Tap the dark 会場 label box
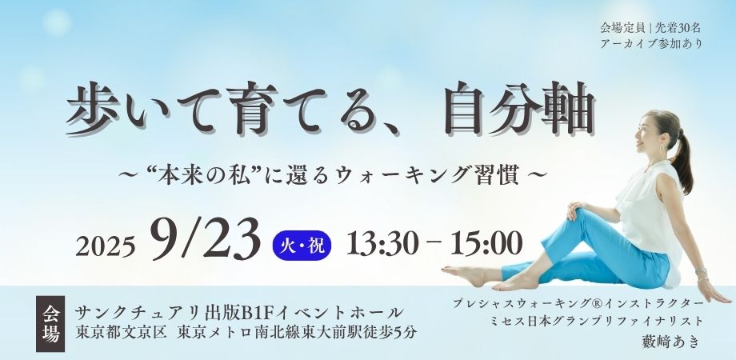tap(50, 324)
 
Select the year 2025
tap(106, 246)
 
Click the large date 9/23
tap(206, 239)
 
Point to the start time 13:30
tap(382, 244)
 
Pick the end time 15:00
tap(486, 244)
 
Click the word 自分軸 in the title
tap(520, 109)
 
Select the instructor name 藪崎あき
tap(670, 342)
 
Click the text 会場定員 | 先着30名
tap(650, 28)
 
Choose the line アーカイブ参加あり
tap(651, 44)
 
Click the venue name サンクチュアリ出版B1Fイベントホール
tap(239, 312)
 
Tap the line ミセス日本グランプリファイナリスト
tap(597, 322)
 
